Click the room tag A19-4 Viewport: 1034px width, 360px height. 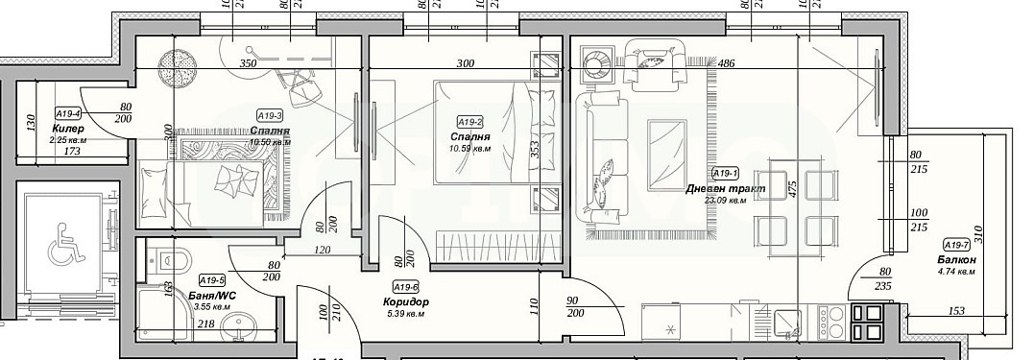click(x=67, y=112)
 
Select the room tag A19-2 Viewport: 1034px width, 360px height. click(x=469, y=122)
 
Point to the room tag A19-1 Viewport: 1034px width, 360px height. click(x=724, y=174)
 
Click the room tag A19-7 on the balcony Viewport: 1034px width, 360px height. click(x=956, y=244)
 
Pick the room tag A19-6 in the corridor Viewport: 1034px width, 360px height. click(x=405, y=286)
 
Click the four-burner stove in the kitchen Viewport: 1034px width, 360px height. click(x=867, y=323)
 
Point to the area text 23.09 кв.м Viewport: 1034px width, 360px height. click(x=726, y=202)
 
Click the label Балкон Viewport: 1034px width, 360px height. click(x=957, y=260)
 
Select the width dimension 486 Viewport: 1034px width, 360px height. click(x=726, y=64)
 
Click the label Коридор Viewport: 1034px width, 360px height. click(x=405, y=302)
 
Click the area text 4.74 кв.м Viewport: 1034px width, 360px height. click(x=955, y=272)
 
